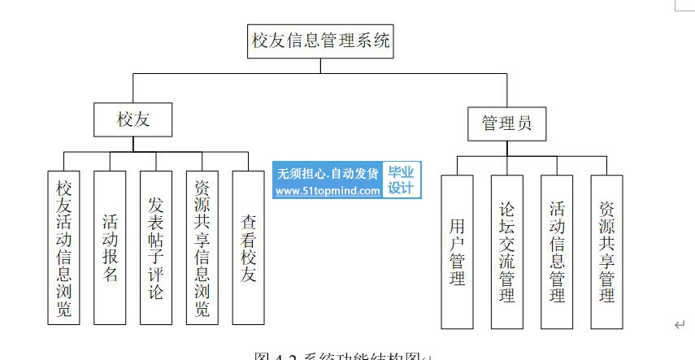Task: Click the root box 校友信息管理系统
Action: click(x=321, y=41)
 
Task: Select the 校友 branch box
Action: click(x=134, y=120)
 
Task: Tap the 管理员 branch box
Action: click(x=506, y=124)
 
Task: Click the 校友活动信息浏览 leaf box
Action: click(x=63, y=248)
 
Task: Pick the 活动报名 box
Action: click(x=110, y=248)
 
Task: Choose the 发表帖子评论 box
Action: click(x=156, y=248)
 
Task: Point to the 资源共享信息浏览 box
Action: click(x=202, y=248)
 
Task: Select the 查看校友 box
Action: click(x=249, y=248)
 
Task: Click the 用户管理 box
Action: click(x=457, y=252)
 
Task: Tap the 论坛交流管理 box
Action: click(x=506, y=252)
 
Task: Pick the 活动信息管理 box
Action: click(x=557, y=252)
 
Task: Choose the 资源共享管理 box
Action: click(x=606, y=252)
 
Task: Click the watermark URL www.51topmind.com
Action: click(x=328, y=192)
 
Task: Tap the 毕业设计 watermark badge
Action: click(x=401, y=180)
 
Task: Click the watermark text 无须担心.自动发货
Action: click(x=328, y=173)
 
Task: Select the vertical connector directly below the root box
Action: click(x=321, y=66)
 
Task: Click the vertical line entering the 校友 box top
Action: click(x=134, y=89)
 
